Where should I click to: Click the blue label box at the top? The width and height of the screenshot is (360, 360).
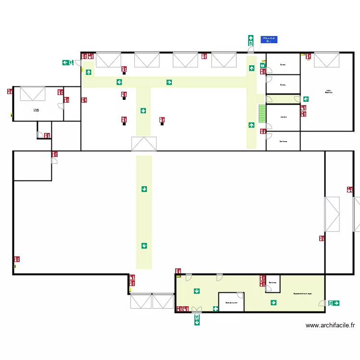coord(269,40)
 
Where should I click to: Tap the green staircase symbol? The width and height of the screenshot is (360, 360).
coord(262,114)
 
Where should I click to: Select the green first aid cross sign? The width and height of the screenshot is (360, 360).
coord(216,309)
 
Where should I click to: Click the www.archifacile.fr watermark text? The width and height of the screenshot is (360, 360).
coord(330,325)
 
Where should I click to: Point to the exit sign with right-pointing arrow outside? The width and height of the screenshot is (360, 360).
coord(334,303)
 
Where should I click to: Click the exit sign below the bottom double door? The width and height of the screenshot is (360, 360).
coord(197,320)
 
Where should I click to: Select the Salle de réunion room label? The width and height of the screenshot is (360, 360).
coord(231,302)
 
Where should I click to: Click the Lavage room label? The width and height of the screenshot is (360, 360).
coord(36,110)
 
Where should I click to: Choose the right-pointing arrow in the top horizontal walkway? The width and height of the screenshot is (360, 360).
coord(169,83)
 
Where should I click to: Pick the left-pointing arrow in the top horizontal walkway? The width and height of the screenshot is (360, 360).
coord(119,83)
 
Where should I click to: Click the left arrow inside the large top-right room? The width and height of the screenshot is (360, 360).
coord(305,99)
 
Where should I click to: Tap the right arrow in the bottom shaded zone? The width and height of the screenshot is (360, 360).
coord(273,302)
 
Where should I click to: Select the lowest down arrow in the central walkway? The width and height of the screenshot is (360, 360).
coord(144,246)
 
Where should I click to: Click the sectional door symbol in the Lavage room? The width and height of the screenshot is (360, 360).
coord(33,94)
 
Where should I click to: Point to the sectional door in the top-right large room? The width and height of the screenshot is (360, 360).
coord(326,60)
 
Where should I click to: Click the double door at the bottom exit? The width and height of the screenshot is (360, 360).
coord(197,310)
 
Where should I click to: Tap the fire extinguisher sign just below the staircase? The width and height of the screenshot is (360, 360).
coord(263,131)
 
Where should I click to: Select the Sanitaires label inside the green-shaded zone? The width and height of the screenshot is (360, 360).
coord(273,283)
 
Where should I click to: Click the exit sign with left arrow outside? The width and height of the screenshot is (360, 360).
coord(67,62)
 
